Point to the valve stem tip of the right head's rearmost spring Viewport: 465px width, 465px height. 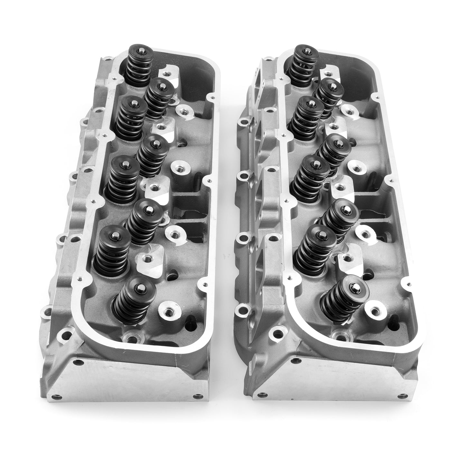pos(305,49)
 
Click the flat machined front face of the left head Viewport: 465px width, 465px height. pos(129,380)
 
